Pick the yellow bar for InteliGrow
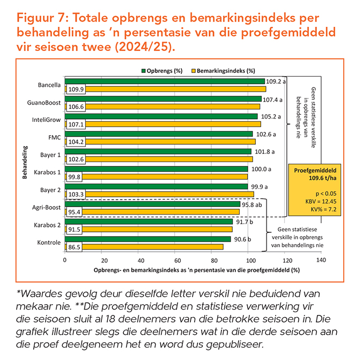point(172,124)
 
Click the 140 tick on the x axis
point(321,260)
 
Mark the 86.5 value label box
point(75,247)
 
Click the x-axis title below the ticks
point(196,270)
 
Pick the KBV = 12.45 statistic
point(310,201)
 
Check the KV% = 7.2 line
point(310,208)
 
